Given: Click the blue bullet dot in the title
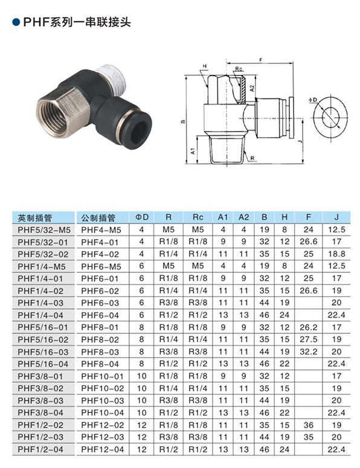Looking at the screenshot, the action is pos(16,22).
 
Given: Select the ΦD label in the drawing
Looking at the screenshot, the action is pos(313,100).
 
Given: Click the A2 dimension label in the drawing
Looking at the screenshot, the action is pos(252,88).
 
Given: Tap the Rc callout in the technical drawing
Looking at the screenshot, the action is pos(239,69).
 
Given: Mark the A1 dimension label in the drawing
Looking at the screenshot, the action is pos(193,151).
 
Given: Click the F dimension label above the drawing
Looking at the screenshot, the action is pos(260,60).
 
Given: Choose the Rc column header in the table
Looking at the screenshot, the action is pos(198,217).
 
